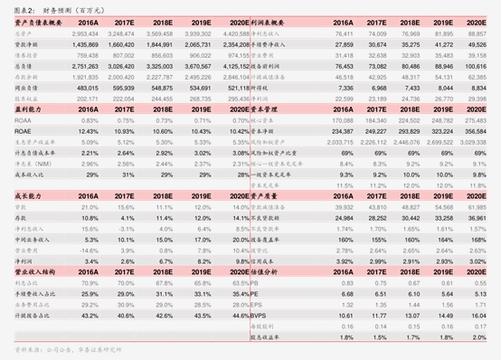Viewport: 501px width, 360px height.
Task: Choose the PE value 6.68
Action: (x=346, y=292)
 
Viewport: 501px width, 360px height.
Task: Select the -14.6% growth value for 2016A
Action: (x=88, y=249)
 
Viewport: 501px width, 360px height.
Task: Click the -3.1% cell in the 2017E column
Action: (x=126, y=228)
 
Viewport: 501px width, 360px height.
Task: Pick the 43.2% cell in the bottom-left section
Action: (x=90, y=315)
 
